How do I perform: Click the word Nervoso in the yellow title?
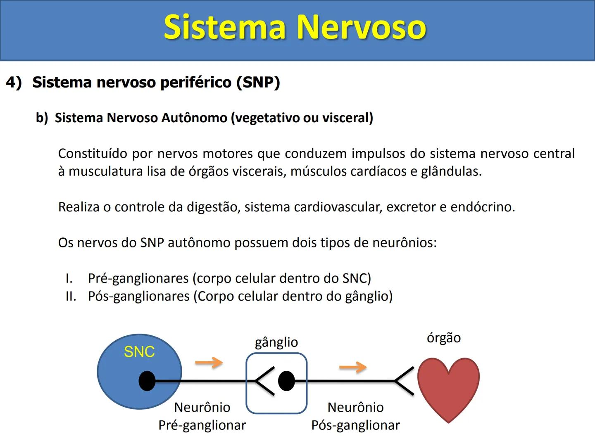pos(362,27)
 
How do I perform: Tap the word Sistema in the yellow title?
pos(225,27)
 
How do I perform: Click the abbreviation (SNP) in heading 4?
pos(258,82)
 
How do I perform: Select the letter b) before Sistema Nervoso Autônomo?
pos(42,118)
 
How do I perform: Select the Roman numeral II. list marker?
pos(71,297)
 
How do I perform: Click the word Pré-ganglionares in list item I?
pos(138,279)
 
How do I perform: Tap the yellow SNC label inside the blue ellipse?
pos(139,352)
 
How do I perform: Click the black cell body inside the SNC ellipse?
pos(147,381)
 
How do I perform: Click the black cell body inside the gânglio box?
pos(286,381)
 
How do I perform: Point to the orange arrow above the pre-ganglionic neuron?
pos(209,363)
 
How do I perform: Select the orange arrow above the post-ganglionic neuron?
pos(352,367)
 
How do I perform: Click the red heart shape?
pos(448,386)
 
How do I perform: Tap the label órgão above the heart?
pos(444,338)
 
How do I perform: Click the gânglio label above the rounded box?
pos(276,343)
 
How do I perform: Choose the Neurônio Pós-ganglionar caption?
pos(355,416)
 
